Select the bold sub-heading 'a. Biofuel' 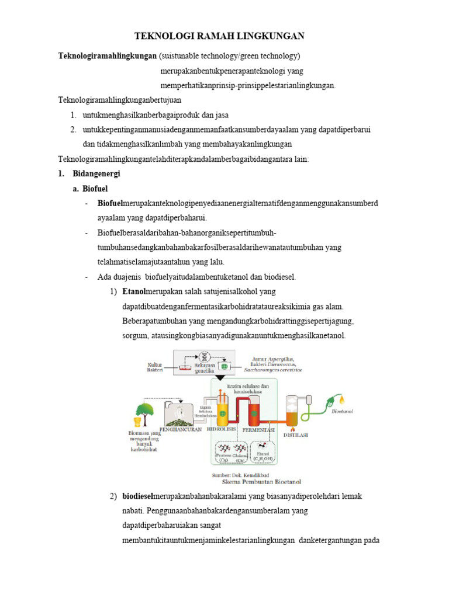pos(91,189)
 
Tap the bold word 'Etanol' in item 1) pos(134,291)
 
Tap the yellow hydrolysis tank pos(222,408)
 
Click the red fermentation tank pos(255,409)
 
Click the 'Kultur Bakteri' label pos(155,368)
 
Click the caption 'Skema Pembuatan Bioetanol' pos(261,483)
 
